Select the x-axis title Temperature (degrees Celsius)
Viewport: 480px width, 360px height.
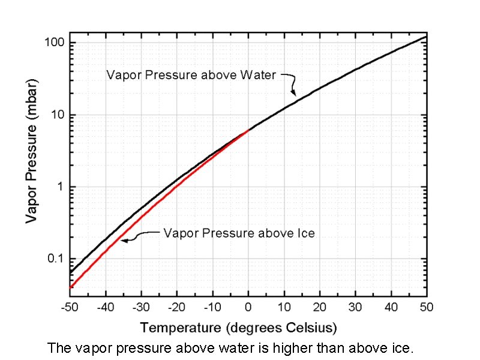pyautogui.click(x=239, y=328)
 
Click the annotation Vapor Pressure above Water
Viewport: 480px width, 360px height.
pyautogui.click(x=191, y=75)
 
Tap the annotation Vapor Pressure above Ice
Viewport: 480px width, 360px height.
pyautogui.click(x=239, y=233)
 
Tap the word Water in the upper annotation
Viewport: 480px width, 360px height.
pyautogui.click(x=257, y=75)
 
